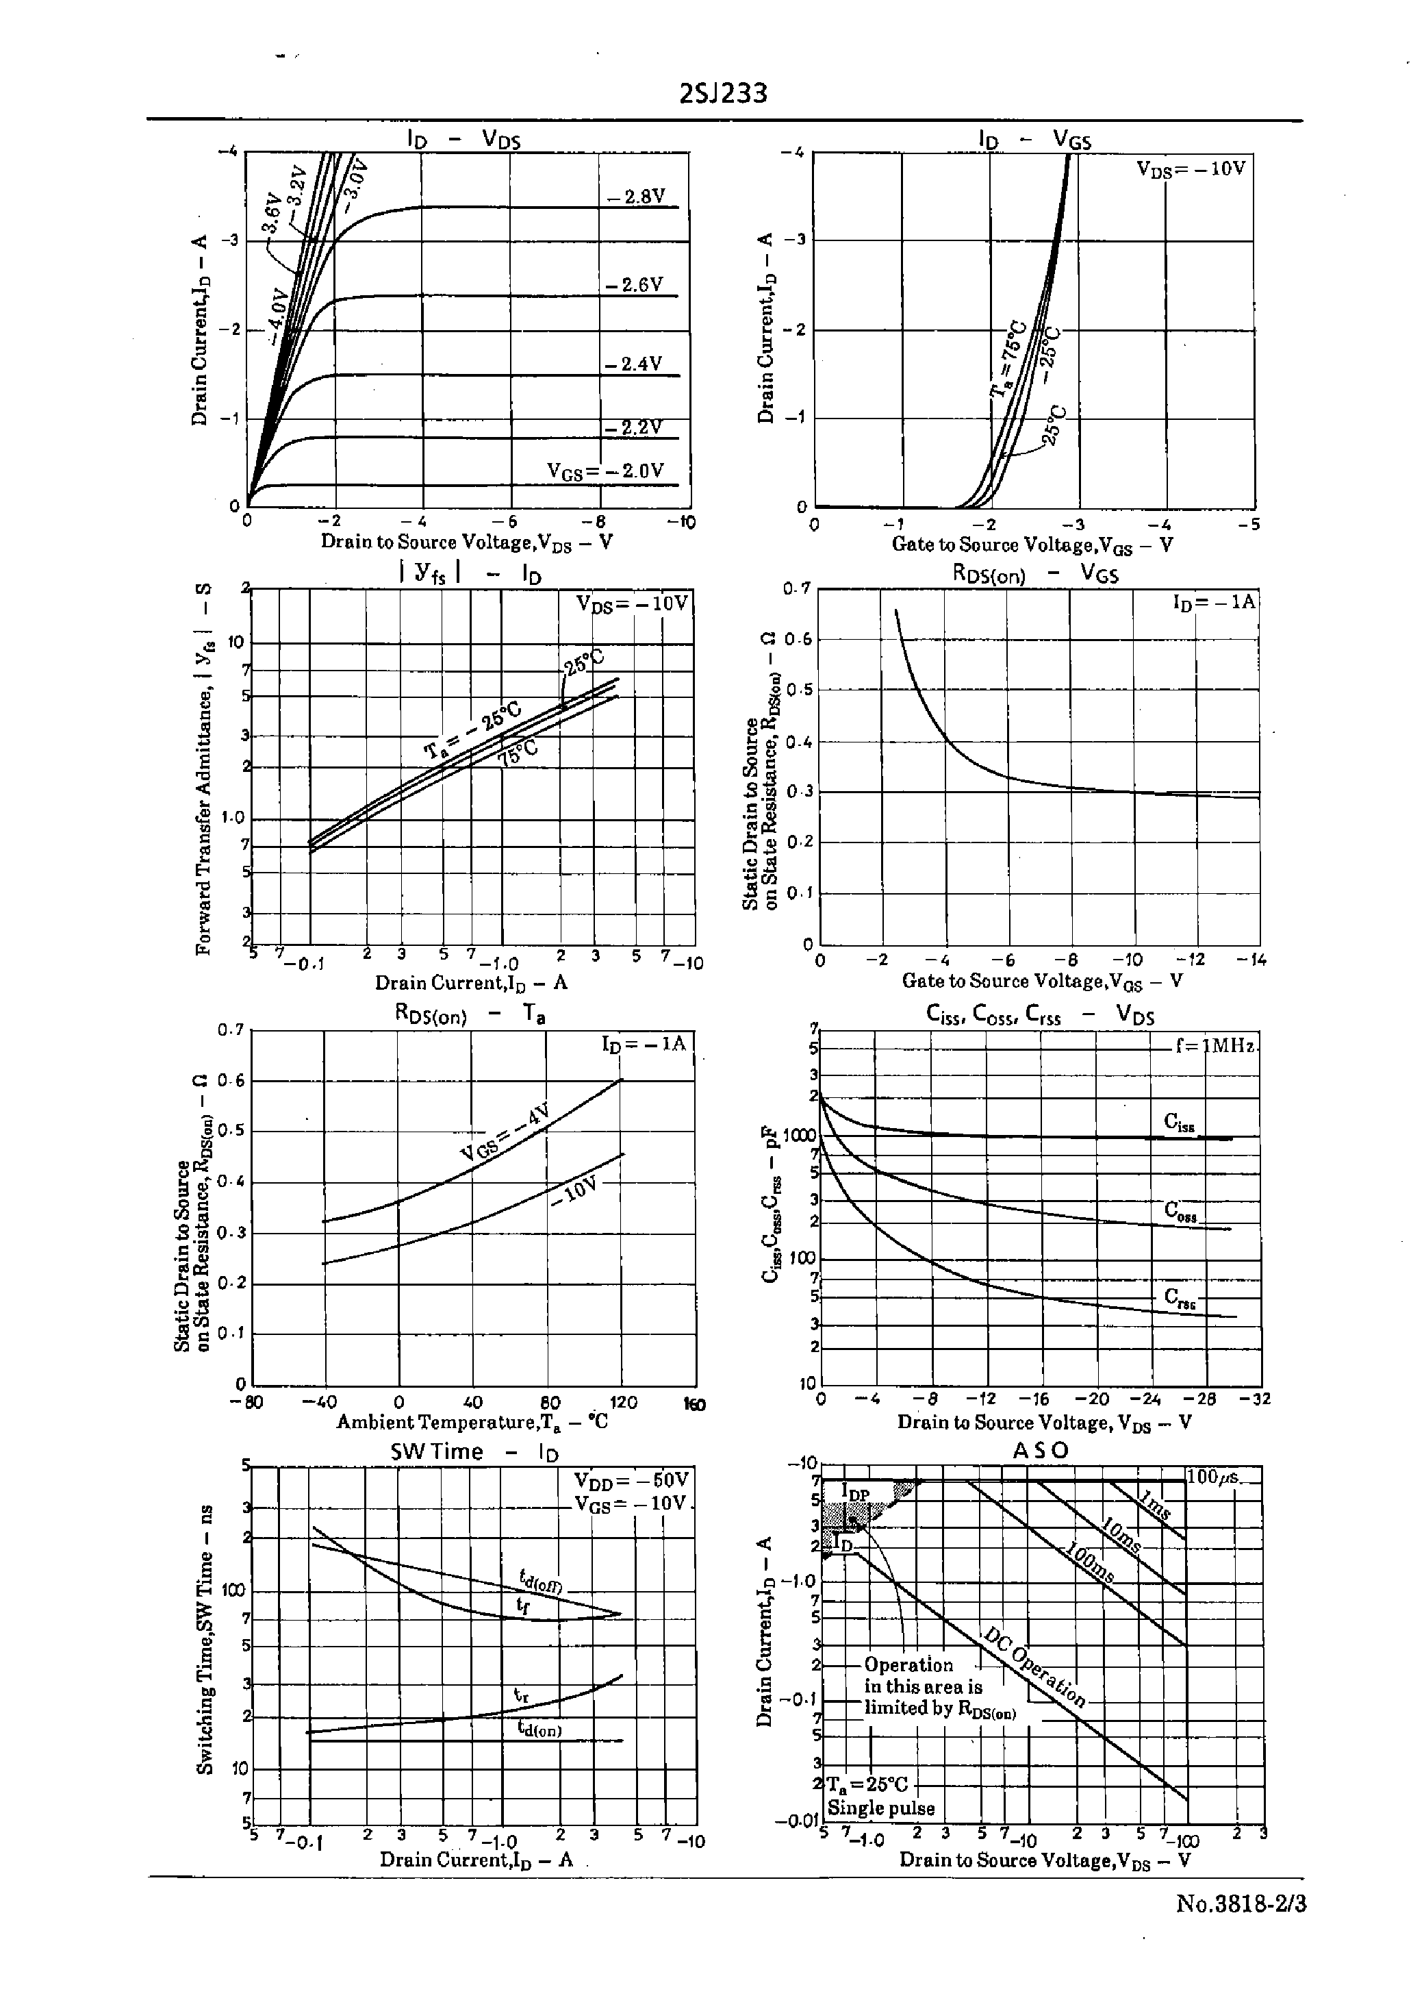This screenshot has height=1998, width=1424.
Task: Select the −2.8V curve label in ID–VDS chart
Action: click(x=637, y=197)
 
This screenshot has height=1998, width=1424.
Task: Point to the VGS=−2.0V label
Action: click(x=605, y=471)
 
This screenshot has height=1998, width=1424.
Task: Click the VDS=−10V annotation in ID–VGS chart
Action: click(x=1190, y=168)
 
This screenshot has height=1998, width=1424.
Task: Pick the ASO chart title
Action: click(x=1040, y=1450)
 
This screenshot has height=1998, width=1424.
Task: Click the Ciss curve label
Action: click(x=1178, y=1123)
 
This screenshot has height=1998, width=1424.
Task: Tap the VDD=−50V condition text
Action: click(x=632, y=1479)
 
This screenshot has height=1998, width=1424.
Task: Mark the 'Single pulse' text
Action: click(x=880, y=1808)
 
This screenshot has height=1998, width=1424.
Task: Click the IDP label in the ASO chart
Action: click(x=855, y=1492)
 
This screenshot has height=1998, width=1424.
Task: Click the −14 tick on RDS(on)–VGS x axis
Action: click(x=1250, y=960)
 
